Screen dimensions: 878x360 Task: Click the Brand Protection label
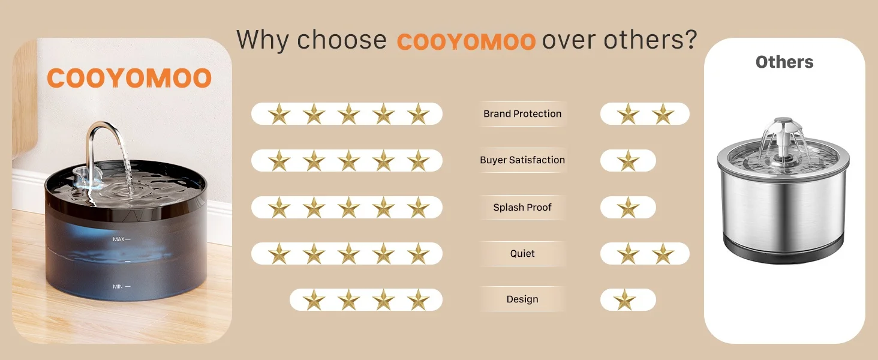pyautogui.click(x=522, y=114)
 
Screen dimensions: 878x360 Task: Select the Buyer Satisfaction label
pyautogui.click(x=522, y=160)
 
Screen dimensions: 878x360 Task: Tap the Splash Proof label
pyautogui.click(x=522, y=207)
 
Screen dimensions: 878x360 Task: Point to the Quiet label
pyautogui.click(x=522, y=253)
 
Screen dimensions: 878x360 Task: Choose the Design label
pyautogui.click(x=522, y=299)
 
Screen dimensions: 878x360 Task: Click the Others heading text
pyautogui.click(x=784, y=62)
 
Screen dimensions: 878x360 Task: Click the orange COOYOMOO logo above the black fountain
pyautogui.click(x=129, y=77)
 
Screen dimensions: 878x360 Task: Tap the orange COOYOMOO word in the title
pyautogui.click(x=466, y=41)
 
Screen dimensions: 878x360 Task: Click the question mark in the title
pyautogui.click(x=690, y=39)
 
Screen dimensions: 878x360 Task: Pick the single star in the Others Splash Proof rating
pyautogui.click(x=628, y=208)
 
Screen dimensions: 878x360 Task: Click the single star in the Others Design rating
pyautogui.click(x=625, y=300)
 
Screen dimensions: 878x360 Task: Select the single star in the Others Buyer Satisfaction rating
pyautogui.click(x=628, y=161)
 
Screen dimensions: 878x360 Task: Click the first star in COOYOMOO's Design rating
pyautogui.click(x=314, y=300)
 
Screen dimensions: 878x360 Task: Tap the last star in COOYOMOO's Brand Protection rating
pyautogui.click(x=418, y=114)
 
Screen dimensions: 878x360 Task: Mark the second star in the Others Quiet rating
pyautogui.click(x=663, y=254)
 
